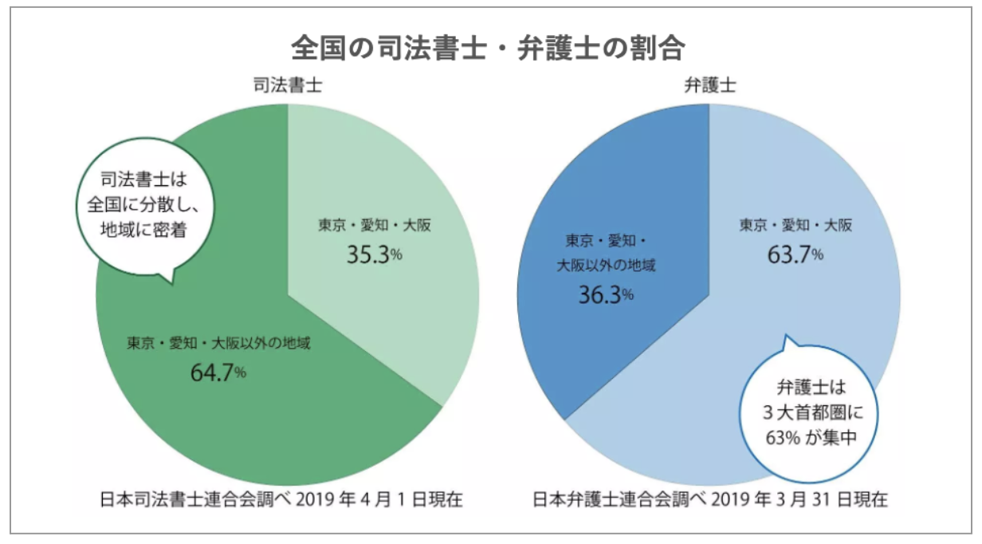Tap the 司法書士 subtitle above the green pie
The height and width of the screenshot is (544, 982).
click(288, 85)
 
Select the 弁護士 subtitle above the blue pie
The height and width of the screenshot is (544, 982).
click(709, 85)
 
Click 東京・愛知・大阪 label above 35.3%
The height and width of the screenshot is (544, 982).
click(375, 226)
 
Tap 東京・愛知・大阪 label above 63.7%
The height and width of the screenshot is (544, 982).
click(795, 226)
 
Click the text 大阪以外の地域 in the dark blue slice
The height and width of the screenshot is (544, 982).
click(606, 266)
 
